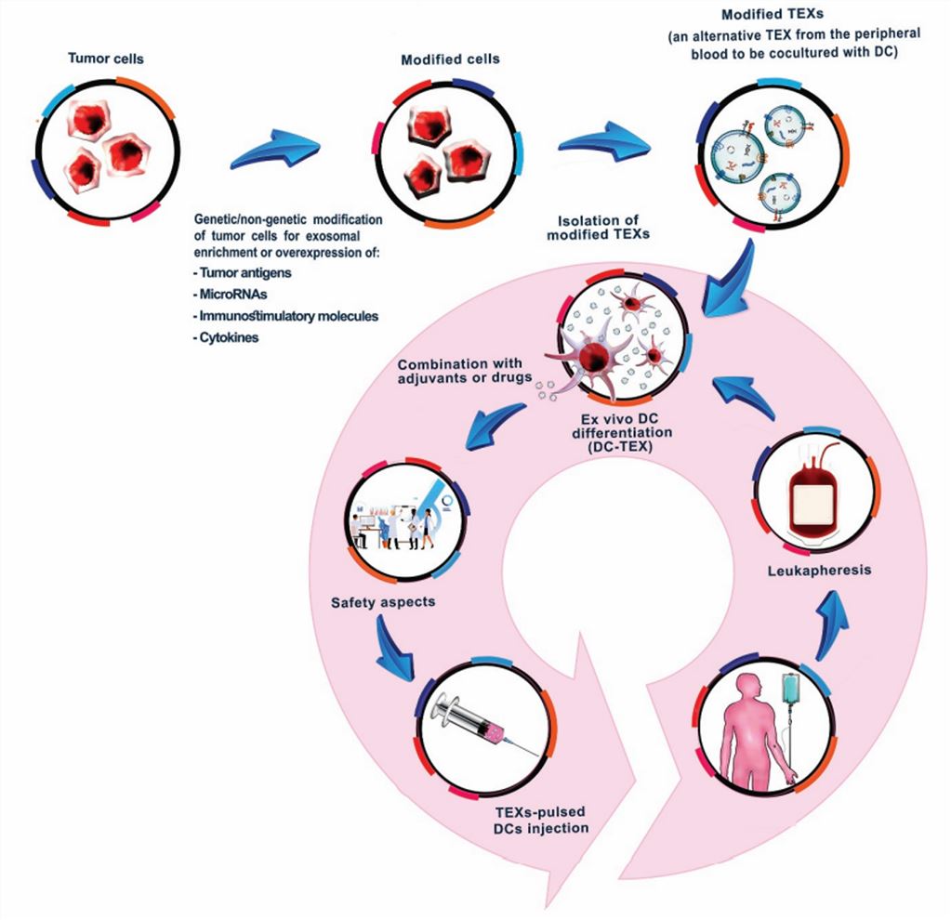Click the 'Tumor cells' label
click(106, 59)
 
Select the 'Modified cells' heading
click(450, 59)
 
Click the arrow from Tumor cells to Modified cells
click(274, 151)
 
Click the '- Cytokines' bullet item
click(227, 337)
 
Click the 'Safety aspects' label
click(383, 602)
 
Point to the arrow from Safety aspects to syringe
click(395, 652)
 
